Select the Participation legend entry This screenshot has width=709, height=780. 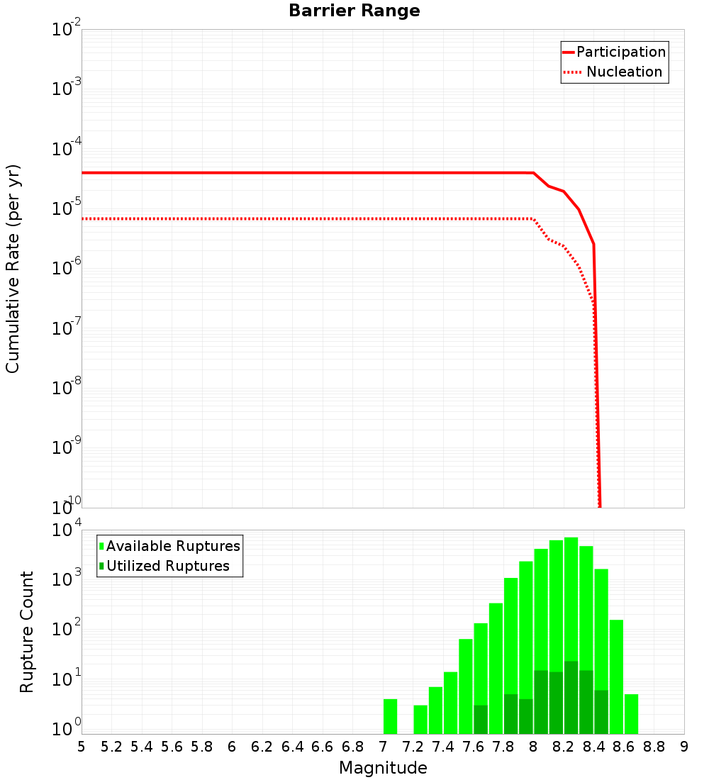[614, 52]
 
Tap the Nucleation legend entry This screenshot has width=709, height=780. [614, 72]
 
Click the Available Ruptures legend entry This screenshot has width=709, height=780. [170, 546]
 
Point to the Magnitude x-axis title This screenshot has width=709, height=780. [383, 768]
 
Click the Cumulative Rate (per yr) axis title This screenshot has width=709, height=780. [13, 269]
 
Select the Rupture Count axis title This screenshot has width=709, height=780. [27, 632]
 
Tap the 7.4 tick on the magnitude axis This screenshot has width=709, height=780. [443, 747]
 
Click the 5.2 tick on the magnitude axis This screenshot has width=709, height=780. [111, 747]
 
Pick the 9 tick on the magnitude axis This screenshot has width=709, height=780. [684, 747]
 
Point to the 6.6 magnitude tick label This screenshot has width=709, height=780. [323, 747]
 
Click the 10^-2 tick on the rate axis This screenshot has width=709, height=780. [67, 30]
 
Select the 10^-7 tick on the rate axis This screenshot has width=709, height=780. [67, 328]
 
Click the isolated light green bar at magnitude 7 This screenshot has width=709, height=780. [390, 716]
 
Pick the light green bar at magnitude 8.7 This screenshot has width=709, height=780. [631, 714]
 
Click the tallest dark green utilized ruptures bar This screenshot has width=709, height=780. [571, 698]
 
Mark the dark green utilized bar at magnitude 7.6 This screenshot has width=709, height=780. [481, 720]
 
